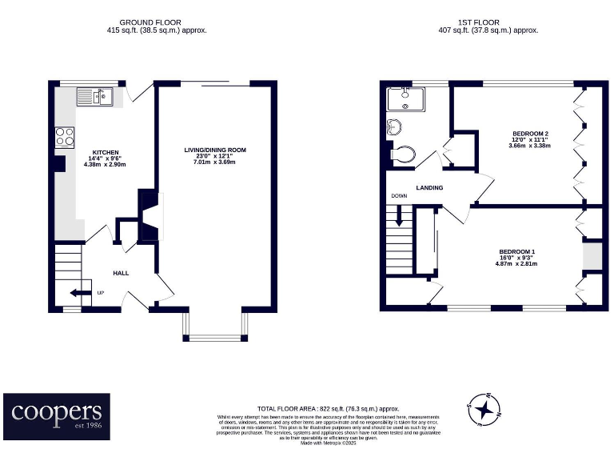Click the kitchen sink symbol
tap(95, 98)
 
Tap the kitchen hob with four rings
tap(65, 137)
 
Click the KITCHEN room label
tap(106, 152)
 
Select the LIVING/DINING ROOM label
tap(215, 150)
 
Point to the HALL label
tap(121, 273)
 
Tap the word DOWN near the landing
tap(400, 196)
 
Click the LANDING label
tap(429, 188)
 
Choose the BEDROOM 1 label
tap(516, 251)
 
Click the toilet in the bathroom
tap(402, 153)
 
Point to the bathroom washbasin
tap(393, 127)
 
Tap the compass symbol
tap(483, 411)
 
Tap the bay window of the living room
tap(215, 327)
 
